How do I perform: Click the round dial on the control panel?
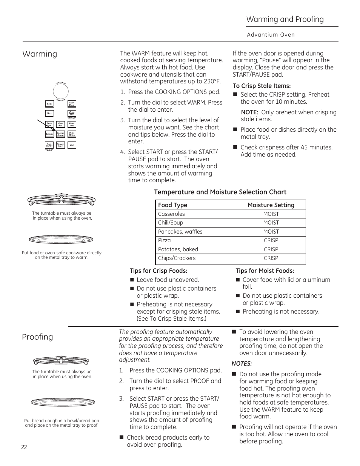pyautogui.click(x=60, y=91)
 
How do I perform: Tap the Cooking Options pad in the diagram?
pyautogui.click(x=60, y=134)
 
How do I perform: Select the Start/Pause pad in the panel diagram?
pyautogui.click(x=72, y=104)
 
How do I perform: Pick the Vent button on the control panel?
pyautogui.click(x=72, y=145)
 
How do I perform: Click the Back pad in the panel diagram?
pyautogui.click(x=49, y=104)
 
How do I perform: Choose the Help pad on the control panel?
pyautogui.click(x=49, y=113)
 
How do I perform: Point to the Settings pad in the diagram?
pyautogui.click(x=49, y=134)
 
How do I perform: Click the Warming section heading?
pyautogui.click(x=40, y=54)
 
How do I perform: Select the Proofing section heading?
pyautogui.click(x=37, y=337)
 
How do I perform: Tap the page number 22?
pyautogui.click(x=24, y=447)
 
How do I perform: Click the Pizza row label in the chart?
pyautogui.click(x=165, y=240)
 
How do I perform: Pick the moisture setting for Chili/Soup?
pyautogui.click(x=271, y=223)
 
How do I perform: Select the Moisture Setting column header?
pyautogui.click(x=271, y=205)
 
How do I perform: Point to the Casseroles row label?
pyautogui.click(x=171, y=214)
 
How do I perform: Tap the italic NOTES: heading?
pyautogui.click(x=242, y=364)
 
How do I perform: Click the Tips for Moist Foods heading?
pyautogui.click(x=265, y=271)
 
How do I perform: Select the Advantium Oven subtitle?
pyautogui.click(x=271, y=35)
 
